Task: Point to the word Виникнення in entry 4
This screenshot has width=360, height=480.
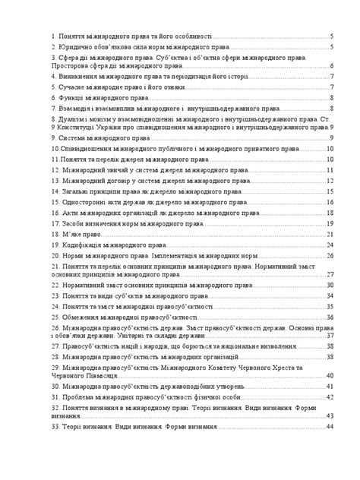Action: [x=80, y=77]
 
